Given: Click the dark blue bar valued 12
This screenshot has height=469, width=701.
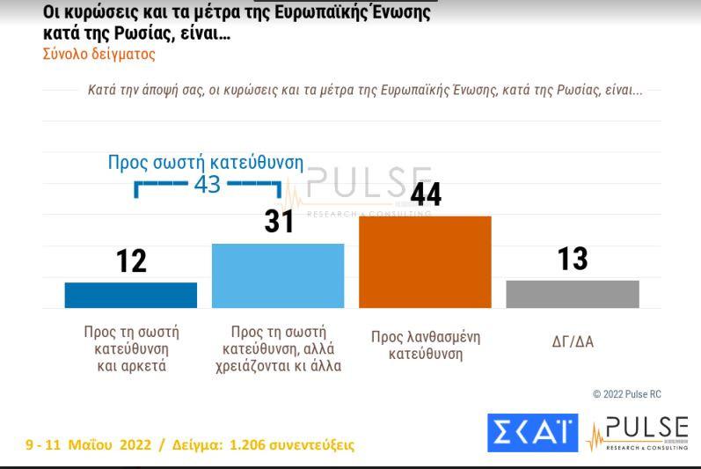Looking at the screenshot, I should click(x=130, y=295).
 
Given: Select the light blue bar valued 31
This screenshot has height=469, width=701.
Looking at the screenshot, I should click(x=278, y=275).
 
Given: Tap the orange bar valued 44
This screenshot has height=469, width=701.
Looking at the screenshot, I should click(x=425, y=261).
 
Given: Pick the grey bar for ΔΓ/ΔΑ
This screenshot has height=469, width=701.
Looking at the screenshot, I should click(x=573, y=294).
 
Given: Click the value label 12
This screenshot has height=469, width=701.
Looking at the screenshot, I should click(x=131, y=261).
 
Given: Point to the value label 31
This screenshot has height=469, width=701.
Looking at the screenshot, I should click(x=279, y=221).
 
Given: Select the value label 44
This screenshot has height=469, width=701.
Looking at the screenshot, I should click(x=426, y=194).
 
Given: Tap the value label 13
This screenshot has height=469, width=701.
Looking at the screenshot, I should click(x=573, y=260).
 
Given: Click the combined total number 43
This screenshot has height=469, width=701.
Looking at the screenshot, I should click(x=208, y=186).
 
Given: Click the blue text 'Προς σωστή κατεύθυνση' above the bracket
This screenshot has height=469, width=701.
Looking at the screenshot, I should click(x=205, y=163).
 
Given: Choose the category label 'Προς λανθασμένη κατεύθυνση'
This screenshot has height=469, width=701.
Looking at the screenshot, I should click(x=426, y=346).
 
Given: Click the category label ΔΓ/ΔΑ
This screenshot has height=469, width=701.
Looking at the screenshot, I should click(x=573, y=341).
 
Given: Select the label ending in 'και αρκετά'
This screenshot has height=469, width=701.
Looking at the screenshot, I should click(x=131, y=349).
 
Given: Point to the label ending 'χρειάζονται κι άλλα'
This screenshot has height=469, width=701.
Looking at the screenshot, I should click(x=278, y=349).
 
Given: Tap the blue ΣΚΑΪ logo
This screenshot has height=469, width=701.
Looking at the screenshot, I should click(x=532, y=433).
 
